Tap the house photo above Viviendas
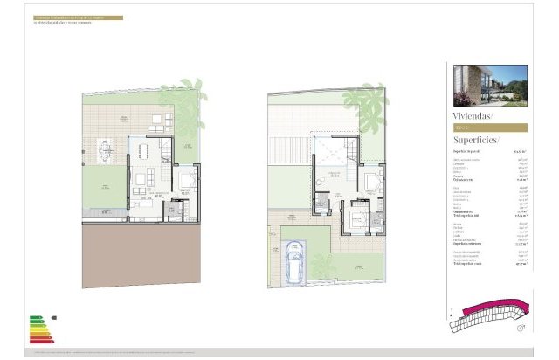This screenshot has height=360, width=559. [490, 86]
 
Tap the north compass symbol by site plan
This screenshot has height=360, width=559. [521, 328]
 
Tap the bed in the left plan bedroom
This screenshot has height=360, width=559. [187, 184]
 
